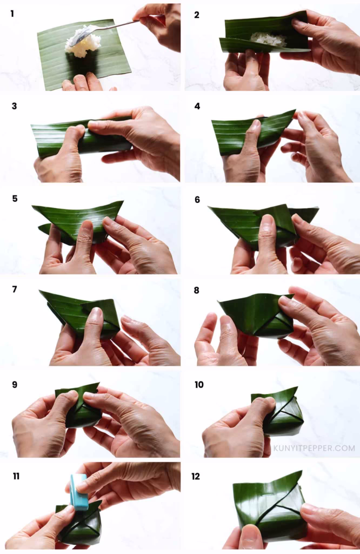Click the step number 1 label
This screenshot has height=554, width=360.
[x=12, y=13]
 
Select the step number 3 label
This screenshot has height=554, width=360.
[x=14, y=106]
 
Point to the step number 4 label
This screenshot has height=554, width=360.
[x=197, y=106]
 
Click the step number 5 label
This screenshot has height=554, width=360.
[x=14, y=199]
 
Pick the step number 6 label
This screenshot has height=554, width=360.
[x=198, y=200]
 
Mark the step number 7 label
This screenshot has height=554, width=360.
[x=14, y=290]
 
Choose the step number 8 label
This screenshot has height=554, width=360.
[x=197, y=291]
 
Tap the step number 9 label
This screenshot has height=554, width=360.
[x=15, y=385]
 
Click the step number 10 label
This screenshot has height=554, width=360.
[x=199, y=385]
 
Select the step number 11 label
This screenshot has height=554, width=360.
[x=16, y=476]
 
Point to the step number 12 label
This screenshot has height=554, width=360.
[x=196, y=476]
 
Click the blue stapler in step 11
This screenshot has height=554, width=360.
[x=79, y=491]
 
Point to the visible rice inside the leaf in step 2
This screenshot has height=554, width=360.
[x=269, y=39]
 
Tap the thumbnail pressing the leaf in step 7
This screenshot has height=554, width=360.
[x=95, y=314]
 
